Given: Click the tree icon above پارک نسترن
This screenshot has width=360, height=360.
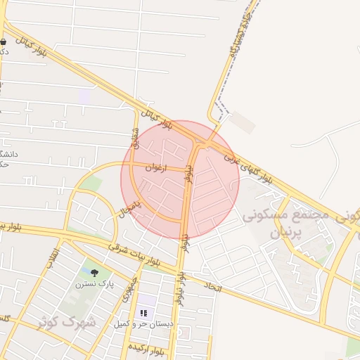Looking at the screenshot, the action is (x=94, y=273).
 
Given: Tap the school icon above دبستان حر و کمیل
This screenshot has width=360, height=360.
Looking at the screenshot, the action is (x=144, y=312).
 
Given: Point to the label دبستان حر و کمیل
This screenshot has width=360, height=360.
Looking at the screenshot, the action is (x=144, y=323).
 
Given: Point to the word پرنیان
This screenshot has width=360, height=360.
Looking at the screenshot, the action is (x=285, y=232).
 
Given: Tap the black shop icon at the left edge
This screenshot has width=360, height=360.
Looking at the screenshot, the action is (x=4, y=42).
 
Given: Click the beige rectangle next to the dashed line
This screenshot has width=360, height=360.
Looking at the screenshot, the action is (x=242, y=123).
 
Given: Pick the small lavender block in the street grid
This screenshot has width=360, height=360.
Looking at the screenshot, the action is (x=84, y=96).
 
